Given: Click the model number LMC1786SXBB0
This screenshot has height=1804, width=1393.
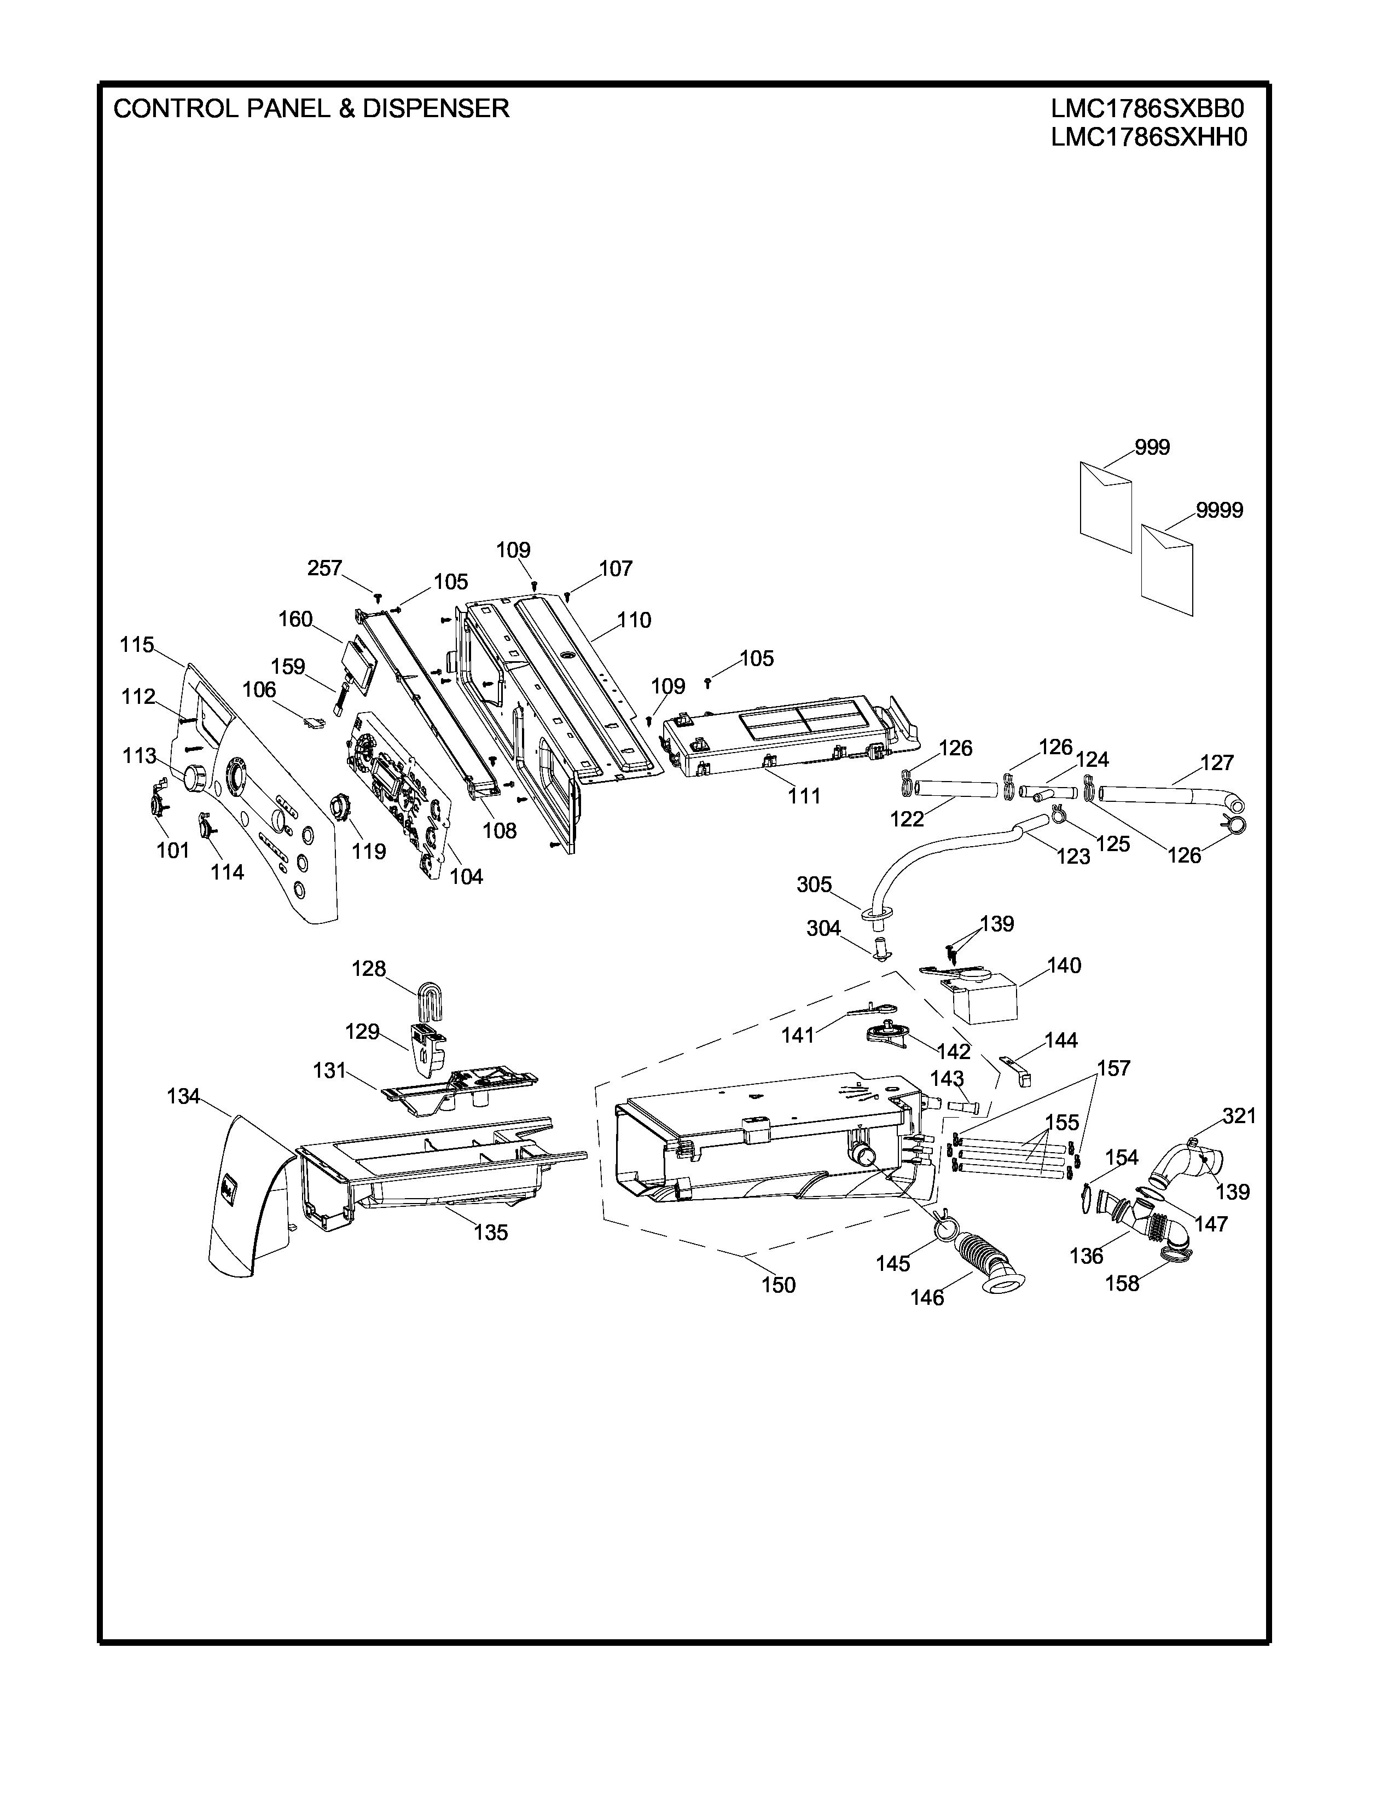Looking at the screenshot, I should [x=1148, y=109].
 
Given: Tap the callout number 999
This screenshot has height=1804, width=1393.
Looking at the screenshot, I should [x=1152, y=448].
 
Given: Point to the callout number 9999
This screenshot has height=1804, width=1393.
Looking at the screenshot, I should [x=1219, y=511].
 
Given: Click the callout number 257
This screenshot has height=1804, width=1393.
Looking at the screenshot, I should [x=324, y=568].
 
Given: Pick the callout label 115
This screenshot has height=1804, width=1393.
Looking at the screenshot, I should [x=137, y=644].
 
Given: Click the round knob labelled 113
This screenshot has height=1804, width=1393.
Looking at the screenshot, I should [x=195, y=777].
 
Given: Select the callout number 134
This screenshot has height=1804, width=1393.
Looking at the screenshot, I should [x=183, y=1096].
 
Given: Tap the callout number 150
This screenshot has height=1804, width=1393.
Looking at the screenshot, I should [x=778, y=1285].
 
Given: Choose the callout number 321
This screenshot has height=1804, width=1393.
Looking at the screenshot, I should [x=1239, y=1116].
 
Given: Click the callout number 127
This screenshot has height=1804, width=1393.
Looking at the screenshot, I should [x=1216, y=762].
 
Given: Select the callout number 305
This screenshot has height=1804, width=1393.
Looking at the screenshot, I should [x=814, y=884].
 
